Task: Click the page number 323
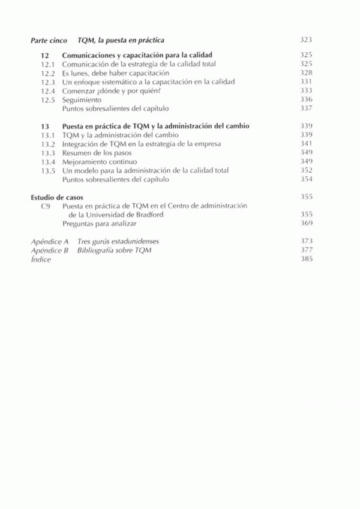[x=306, y=40]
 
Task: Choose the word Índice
[x=41, y=260]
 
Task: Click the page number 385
[x=306, y=260]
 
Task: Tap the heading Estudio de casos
[x=56, y=197]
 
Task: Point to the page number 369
[x=306, y=223]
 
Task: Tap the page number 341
[x=306, y=144]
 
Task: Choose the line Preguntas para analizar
[x=99, y=223]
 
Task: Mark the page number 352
[x=306, y=171]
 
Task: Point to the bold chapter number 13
[x=45, y=127]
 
